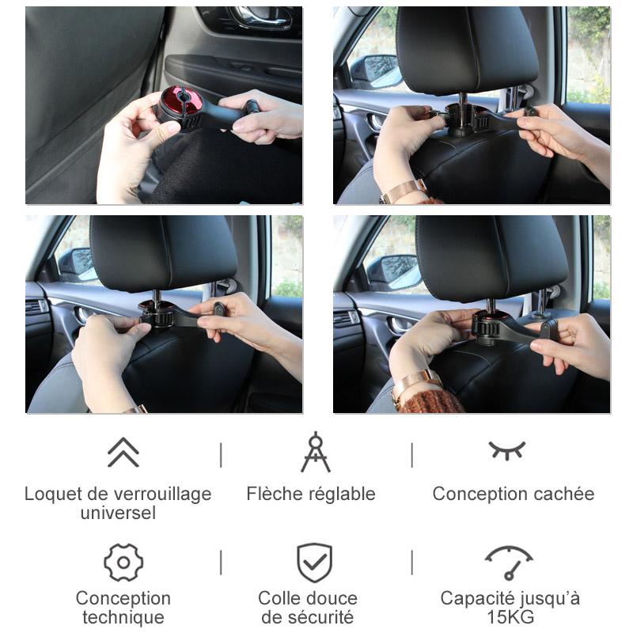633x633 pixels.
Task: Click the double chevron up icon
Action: tap(123, 452)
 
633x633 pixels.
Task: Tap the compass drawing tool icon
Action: tap(315, 452)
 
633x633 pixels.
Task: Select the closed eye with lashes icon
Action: tap(506, 450)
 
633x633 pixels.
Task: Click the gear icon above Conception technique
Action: tap(123, 563)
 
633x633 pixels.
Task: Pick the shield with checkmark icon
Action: tap(315, 563)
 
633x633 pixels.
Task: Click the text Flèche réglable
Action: tap(311, 495)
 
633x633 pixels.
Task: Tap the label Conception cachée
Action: tap(513, 495)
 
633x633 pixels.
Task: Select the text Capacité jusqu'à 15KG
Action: tap(510, 607)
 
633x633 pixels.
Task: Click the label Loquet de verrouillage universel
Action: tap(118, 503)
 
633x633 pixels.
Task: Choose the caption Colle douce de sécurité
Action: tap(308, 607)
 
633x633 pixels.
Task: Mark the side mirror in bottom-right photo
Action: tap(396, 271)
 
